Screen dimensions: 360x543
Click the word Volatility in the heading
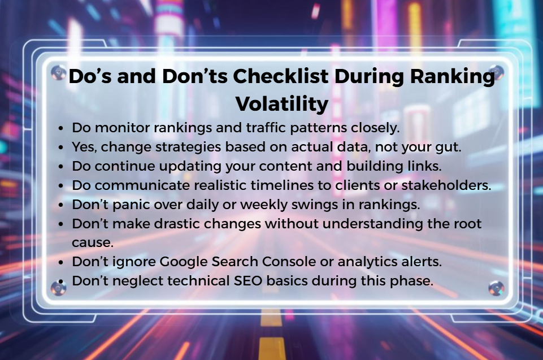click(x=281, y=103)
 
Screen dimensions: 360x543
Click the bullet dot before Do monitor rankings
click(x=62, y=128)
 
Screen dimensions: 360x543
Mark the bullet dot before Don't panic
click(x=62, y=205)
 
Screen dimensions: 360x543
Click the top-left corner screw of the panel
click(x=58, y=72)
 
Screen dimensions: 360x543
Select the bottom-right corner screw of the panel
click(x=496, y=289)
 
